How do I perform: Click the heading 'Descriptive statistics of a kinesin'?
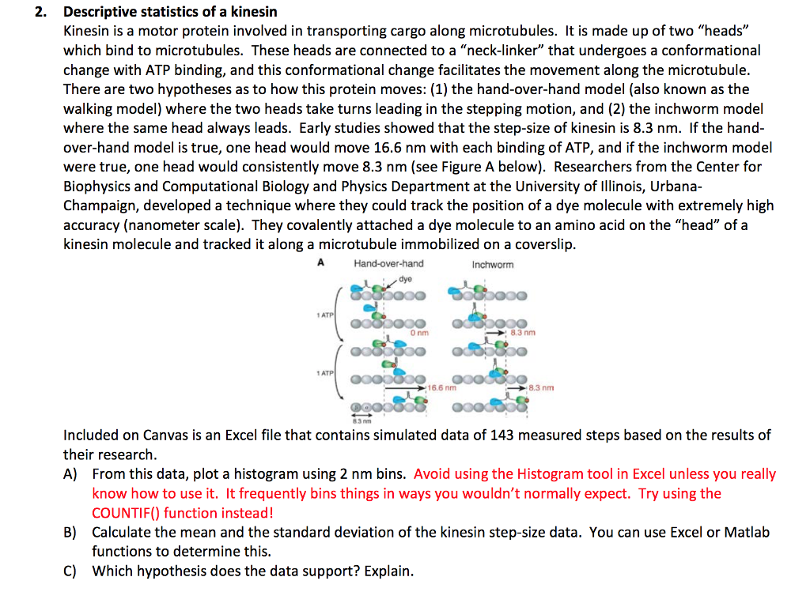pos(170,13)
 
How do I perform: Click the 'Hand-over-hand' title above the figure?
pos(388,263)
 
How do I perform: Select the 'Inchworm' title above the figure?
pos(492,264)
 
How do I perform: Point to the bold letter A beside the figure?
pos(320,263)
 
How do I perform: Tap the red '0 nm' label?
pos(419,333)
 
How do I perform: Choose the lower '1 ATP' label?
pos(324,371)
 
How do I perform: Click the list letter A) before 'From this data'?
pos(70,474)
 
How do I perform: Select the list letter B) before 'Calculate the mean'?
pos(70,533)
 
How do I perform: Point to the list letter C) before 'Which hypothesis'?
pos(70,571)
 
